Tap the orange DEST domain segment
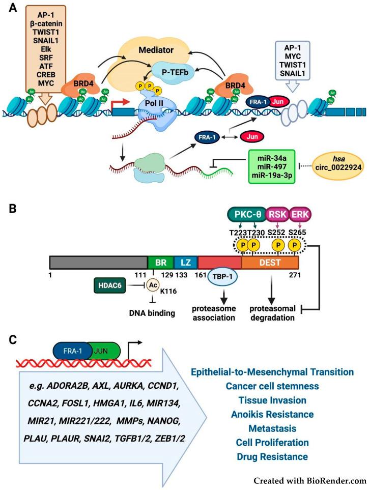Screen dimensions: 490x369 coord(270,263)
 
